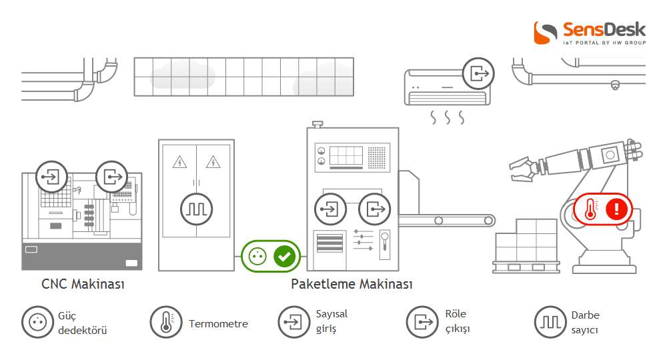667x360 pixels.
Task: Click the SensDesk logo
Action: pyautogui.click(x=590, y=33)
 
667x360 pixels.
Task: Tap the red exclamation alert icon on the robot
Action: pyautogui.click(x=617, y=209)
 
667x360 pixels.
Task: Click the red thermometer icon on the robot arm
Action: pyautogui.click(x=590, y=209)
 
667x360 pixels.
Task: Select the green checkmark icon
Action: pyautogui.click(x=285, y=256)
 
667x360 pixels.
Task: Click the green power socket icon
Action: pyautogui.click(x=257, y=256)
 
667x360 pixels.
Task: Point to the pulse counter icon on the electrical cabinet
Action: pyautogui.click(x=197, y=209)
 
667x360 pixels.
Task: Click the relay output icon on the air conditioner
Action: pyautogui.click(x=478, y=73)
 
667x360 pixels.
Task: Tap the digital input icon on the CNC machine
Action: pyautogui.click(x=51, y=177)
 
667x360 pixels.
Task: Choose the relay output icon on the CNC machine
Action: pyautogui.click(x=111, y=177)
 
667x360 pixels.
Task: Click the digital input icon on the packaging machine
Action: pyautogui.click(x=329, y=209)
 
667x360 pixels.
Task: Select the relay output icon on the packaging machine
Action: pyautogui.click(x=374, y=209)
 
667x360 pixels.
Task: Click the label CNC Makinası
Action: pyautogui.click(x=83, y=285)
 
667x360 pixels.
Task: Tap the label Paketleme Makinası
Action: pyautogui.click(x=352, y=285)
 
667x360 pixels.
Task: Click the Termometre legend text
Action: pyautogui.click(x=218, y=324)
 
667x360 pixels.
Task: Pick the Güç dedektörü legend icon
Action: pyautogui.click(x=37, y=323)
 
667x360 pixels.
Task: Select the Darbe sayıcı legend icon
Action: pyautogui.click(x=550, y=323)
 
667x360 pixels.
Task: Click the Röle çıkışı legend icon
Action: pyautogui.click(x=422, y=323)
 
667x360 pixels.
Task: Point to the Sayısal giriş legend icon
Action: pyautogui.click(x=293, y=323)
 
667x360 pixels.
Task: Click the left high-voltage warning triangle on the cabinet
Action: pyautogui.click(x=179, y=161)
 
